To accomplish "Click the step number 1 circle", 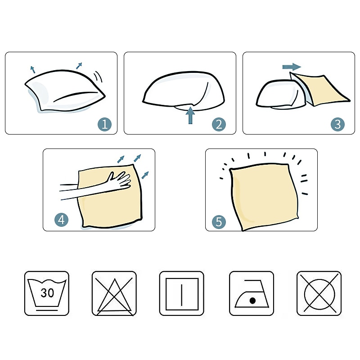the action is pyautogui.click(x=104, y=124).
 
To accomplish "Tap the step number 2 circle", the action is pyautogui.click(x=219, y=124).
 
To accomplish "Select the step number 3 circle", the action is pyautogui.click(x=337, y=124).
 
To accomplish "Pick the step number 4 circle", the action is pyautogui.click(x=61, y=220).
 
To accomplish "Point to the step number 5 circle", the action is pyautogui.click(x=219, y=222).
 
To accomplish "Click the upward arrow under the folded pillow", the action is pyautogui.click(x=190, y=116).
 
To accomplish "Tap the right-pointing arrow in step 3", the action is pyautogui.click(x=292, y=67).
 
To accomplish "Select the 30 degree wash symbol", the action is pyautogui.click(x=47, y=293).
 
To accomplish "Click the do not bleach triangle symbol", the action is pyautogui.click(x=114, y=293).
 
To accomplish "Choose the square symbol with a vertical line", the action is pyautogui.click(x=182, y=293).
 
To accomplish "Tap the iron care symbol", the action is pyautogui.click(x=252, y=293).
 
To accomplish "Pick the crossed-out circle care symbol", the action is pyautogui.click(x=319, y=293).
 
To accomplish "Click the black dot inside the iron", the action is pyautogui.click(x=252, y=301).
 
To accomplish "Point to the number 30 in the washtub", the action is pyautogui.click(x=47, y=293).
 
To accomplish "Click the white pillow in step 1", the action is pyautogui.click(x=65, y=91).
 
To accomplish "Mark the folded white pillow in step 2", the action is pyautogui.click(x=184, y=91).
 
